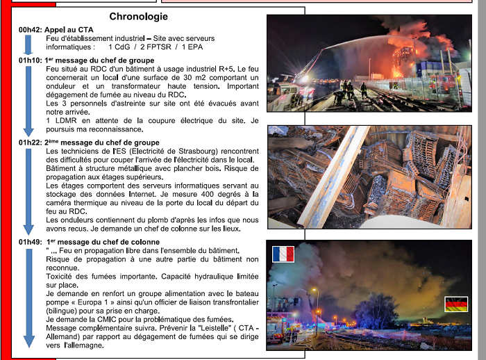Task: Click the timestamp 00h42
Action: (x=31, y=29)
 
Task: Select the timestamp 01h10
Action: (x=31, y=60)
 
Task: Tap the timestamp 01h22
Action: (x=31, y=142)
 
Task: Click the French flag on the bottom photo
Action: (x=283, y=254)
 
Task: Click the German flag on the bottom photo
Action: (x=456, y=304)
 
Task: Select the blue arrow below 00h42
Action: (x=28, y=44)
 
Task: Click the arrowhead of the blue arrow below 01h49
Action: (x=28, y=341)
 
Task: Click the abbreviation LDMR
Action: (x=66, y=120)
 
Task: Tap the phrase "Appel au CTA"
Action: (x=69, y=29)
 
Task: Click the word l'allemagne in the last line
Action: (x=87, y=345)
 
